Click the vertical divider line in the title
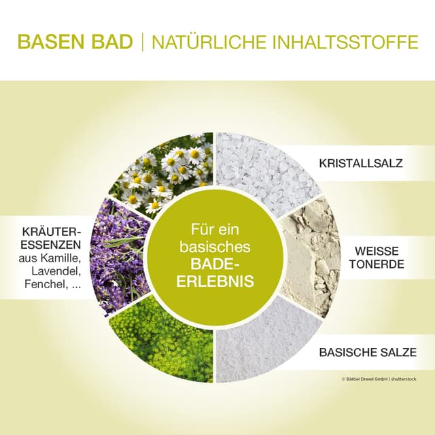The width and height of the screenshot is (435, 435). [142, 42]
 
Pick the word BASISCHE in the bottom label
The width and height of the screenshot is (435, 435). [349, 353]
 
